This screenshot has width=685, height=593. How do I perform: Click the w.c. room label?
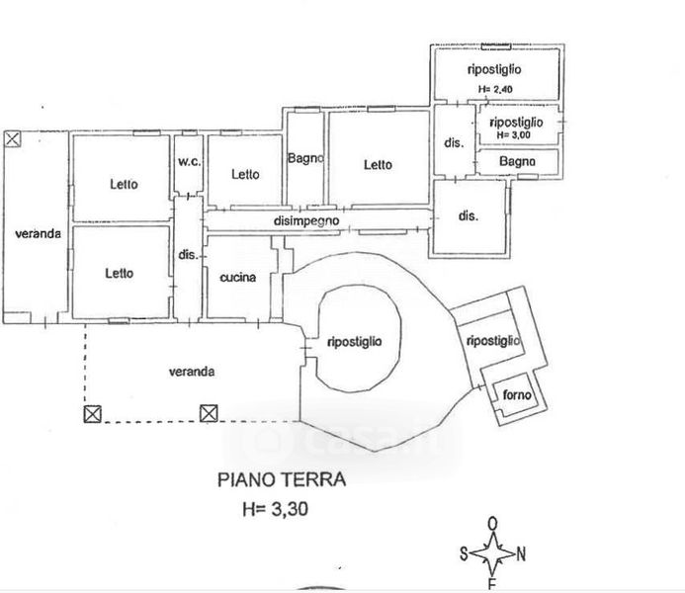(x=188, y=163)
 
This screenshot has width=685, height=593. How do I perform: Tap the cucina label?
(x=238, y=278)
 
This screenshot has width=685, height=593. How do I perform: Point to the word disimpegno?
(x=307, y=221)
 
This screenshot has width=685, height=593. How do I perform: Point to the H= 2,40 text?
(x=494, y=89)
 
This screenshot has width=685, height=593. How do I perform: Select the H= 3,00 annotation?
(x=516, y=134)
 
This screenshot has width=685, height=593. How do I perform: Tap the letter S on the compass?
(x=462, y=553)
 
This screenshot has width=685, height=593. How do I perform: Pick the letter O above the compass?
(x=492, y=524)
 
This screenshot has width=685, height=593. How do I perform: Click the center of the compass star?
(x=492, y=552)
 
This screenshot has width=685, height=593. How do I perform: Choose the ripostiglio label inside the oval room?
(x=354, y=342)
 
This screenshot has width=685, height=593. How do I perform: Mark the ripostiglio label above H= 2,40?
(x=494, y=69)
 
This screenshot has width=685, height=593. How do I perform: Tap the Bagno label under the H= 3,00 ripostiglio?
(x=517, y=161)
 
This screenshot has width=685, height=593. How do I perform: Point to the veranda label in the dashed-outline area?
(x=192, y=372)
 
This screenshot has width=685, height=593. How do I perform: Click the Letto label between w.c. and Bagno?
(x=245, y=174)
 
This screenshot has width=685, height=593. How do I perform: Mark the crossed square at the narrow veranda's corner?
(x=12, y=138)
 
